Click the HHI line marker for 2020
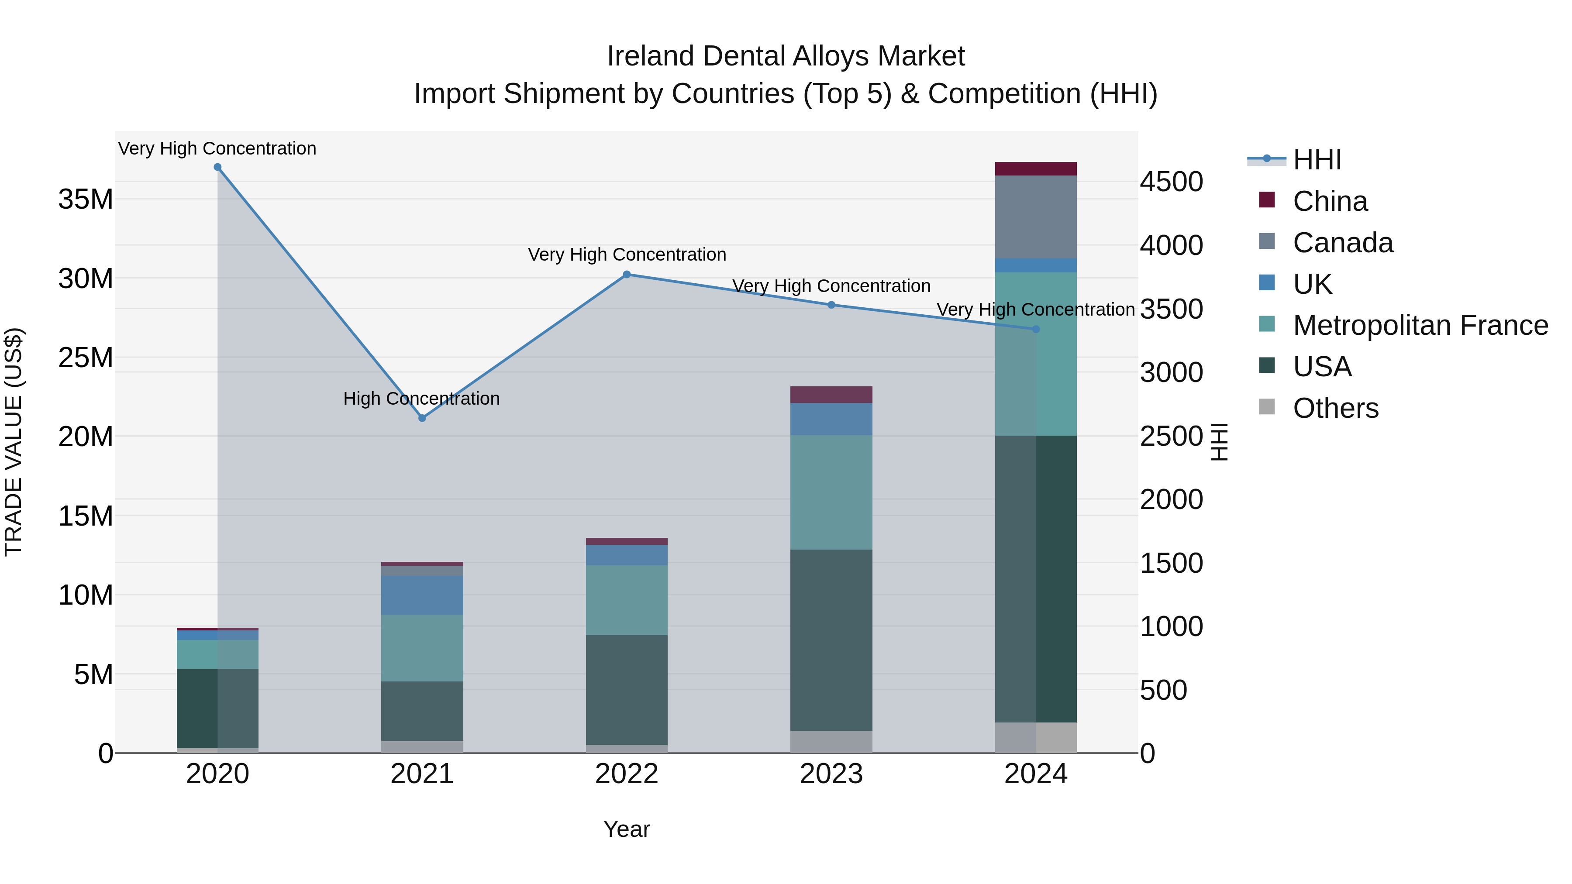coord(217,167)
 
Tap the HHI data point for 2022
coord(626,275)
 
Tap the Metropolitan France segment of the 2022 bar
coord(626,600)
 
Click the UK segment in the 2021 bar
coord(422,595)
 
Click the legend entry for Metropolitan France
coord(1420,325)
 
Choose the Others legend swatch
coord(1266,407)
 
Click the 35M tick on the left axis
coord(86,200)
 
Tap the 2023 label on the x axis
coord(831,774)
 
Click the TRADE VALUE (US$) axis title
coord(14,442)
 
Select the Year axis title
coord(626,829)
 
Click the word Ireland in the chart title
coord(650,56)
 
